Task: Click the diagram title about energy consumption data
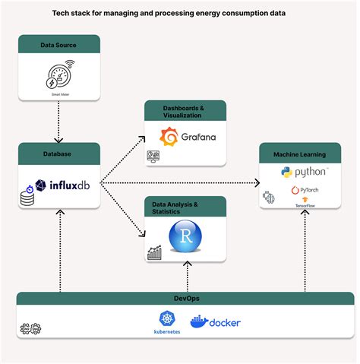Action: pos(180,13)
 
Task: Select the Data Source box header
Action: pos(59,46)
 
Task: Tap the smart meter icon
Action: pos(59,77)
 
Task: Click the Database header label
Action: pos(59,154)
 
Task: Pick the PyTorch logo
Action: pos(304,190)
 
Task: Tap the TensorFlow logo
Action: pos(305,203)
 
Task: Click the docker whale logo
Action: pos(215,323)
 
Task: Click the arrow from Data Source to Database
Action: pos(59,118)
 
